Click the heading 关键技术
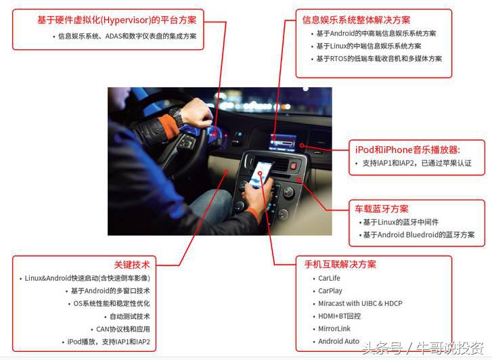[132, 265]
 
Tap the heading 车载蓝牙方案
[382, 209]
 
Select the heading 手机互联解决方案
[340, 265]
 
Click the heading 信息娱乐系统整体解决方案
[356, 20]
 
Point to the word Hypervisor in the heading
[125, 20]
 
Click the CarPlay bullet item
[330, 291]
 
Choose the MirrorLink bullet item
[334, 329]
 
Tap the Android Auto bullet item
[338, 341]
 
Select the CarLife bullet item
[329, 278]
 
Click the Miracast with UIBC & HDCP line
[360, 304]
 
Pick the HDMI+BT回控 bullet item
[340, 316]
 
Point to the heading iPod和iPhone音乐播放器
[407, 150]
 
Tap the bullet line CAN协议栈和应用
[123, 330]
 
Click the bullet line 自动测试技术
[129, 317]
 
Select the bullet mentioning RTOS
[379, 59]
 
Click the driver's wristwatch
[177, 116]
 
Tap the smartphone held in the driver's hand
[260, 175]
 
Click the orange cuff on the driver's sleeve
[167, 126]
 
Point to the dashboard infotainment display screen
[283, 142]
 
